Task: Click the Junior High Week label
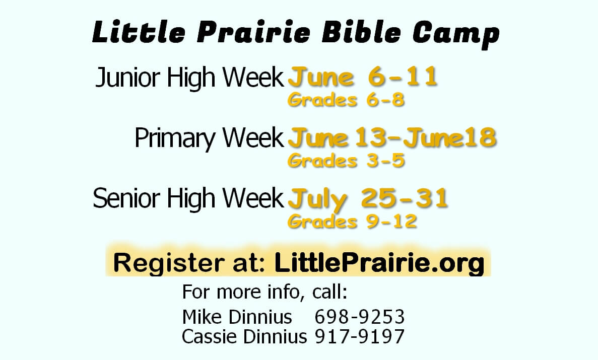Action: tap(189, 78)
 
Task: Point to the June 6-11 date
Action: tap(363, 77)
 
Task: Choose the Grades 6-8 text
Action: tap(346, 100)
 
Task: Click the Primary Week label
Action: tap(210, 138)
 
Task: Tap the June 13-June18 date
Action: tap(392, 137)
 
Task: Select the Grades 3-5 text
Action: tap(346, 161)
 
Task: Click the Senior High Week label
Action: tap(188, 198)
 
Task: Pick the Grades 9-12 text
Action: tap(352, 222)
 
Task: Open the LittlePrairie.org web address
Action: tap(379, 263)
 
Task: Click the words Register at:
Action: tap(189, 263)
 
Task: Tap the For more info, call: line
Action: tap(264, 292)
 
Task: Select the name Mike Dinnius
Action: tap(237, 317)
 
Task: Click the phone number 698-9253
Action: tap(360, 317)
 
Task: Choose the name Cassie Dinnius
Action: tap(244, 336)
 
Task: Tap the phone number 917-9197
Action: tap(360, 336)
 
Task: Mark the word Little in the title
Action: tap(139, 32)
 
